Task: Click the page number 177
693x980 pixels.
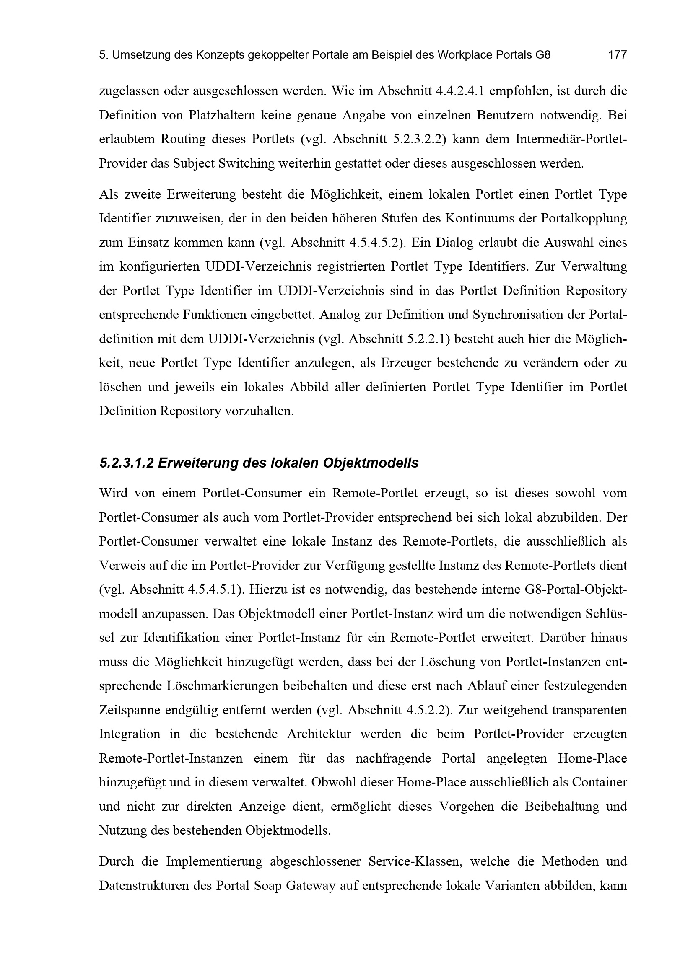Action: [x=617, y=54]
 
